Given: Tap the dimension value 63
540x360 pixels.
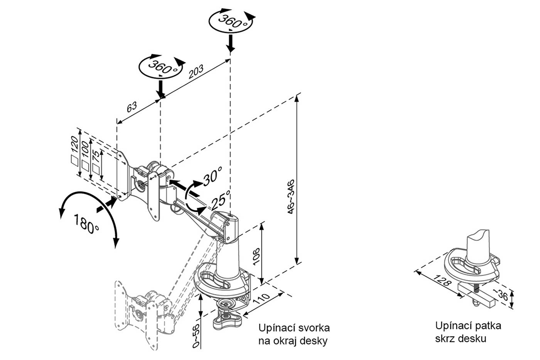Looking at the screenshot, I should point(132,106).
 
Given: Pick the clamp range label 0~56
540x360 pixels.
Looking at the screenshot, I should point(196,335).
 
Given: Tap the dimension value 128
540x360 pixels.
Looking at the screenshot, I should point(442,281).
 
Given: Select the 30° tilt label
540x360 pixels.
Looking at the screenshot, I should point(213,177).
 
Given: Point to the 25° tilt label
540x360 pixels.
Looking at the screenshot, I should point(220,200).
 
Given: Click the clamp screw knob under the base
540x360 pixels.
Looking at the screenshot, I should point(227,316).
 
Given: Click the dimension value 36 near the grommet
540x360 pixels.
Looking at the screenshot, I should point(502,295).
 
